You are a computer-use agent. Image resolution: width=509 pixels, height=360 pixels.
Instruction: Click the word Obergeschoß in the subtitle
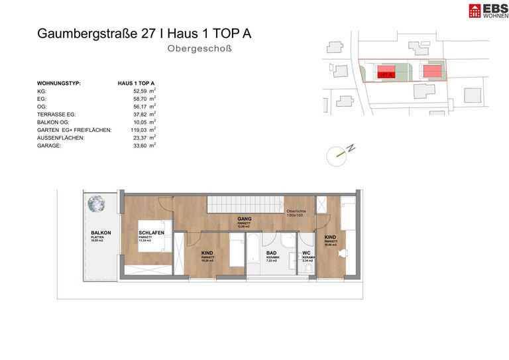[199, 48]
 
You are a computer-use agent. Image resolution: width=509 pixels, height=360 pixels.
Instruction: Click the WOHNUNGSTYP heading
[59, 83]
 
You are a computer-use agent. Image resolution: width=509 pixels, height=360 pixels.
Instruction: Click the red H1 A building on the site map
[388, 74]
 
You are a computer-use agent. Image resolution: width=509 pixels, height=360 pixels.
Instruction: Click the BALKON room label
[101, 232]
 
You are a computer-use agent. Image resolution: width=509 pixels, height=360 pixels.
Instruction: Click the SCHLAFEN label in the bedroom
[151, 232]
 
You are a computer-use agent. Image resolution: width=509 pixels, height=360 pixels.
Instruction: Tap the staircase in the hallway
[245, 205]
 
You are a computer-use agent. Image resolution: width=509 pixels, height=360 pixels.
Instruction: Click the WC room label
[307, 253]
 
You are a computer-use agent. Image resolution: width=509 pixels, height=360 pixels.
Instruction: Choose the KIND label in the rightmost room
[330, 237]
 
